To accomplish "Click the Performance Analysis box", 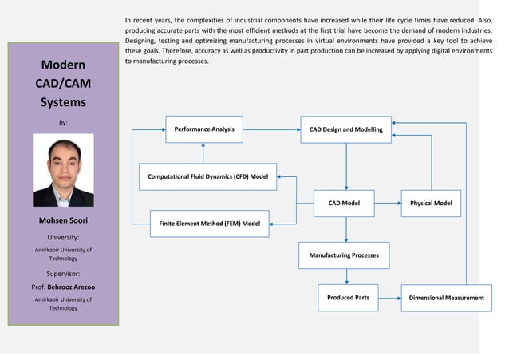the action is [204, 129].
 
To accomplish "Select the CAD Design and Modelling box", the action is [345, 129].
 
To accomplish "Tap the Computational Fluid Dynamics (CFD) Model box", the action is [207, 176].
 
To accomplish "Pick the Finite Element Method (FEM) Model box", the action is [210, 224].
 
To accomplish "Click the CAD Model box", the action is [344, 204].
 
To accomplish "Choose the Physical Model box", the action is [431, 204].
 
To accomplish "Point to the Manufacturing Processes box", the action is [344, 255].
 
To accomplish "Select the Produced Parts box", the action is [348, 298].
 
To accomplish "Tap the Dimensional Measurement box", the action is [446, 298].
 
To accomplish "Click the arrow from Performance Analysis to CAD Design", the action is [271, 129].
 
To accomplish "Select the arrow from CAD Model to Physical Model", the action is [387, 204].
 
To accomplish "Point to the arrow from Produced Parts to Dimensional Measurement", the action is [389, 298].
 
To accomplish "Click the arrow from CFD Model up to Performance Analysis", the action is [204, 152].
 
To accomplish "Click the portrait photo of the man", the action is [63, 170].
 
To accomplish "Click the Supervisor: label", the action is [63, 272].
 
